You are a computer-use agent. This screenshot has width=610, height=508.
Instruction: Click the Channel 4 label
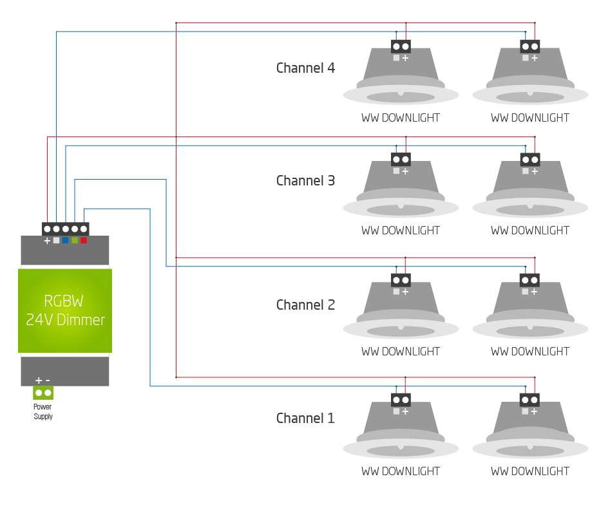tap(305, 68)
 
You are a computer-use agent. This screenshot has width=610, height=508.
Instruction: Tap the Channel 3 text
tap(305, 180)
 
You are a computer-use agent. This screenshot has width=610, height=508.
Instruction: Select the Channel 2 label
tap(305, 305)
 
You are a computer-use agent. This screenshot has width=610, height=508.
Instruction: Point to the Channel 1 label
tap(305, 418)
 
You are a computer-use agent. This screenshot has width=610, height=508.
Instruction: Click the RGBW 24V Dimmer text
tap(65, 310)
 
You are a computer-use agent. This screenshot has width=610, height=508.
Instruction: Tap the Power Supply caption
tap(43, 411)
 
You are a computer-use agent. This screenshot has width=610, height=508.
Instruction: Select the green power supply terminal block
tap(43, 392)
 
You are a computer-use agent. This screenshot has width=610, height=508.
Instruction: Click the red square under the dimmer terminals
tap(84, 240)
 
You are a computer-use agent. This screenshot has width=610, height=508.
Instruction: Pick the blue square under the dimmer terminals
tap(65, 240)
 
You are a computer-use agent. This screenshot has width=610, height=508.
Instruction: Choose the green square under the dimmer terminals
tap(75, 240)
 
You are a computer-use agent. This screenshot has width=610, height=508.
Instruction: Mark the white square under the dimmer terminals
tap(56, 240)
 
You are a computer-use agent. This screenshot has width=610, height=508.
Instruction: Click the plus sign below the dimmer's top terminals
tap(47, 241)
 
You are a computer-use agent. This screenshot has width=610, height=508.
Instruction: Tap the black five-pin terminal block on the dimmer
tap(65, 229)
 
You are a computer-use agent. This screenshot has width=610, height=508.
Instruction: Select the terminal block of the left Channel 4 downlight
tap(401, 46)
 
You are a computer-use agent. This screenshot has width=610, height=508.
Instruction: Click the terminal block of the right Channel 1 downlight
tap(530, 400)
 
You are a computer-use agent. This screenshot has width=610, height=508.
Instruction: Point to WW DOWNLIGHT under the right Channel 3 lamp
tap(530, 230)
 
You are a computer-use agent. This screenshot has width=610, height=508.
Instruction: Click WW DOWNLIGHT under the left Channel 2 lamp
tap(401, 352)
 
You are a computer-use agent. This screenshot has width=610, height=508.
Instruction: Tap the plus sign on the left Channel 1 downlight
tap(405, 411)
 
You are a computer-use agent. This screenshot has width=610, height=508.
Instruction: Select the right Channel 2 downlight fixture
tap(530, 312)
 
